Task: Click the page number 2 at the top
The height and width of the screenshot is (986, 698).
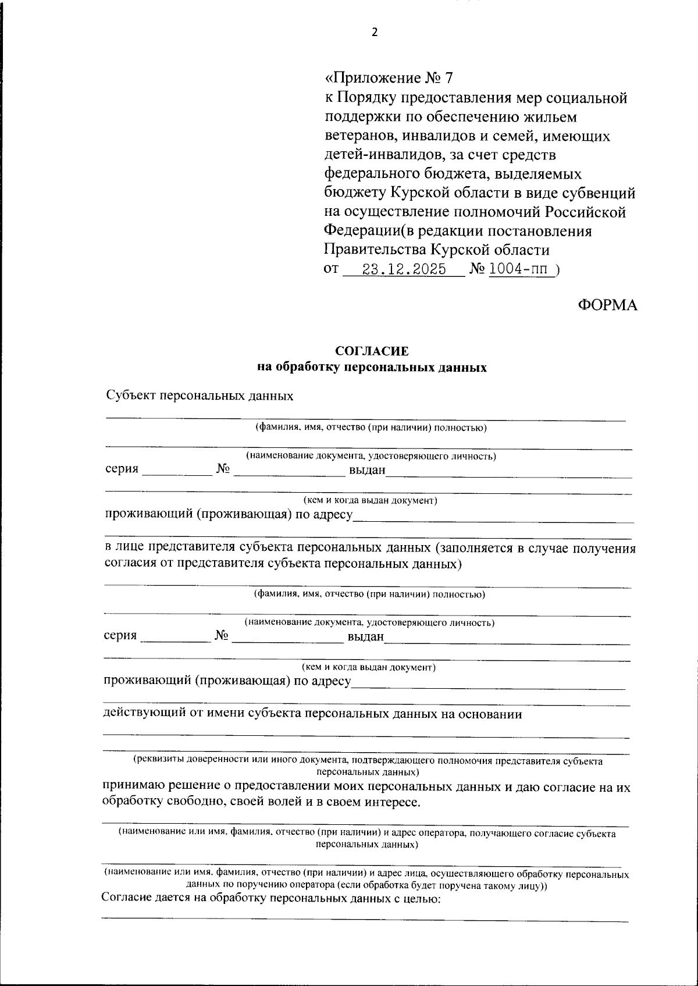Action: [375, 33]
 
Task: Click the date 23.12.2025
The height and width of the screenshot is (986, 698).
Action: [404, 269]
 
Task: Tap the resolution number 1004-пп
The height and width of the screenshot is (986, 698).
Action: [521, 269]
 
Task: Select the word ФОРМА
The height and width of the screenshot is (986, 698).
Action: [607, 305]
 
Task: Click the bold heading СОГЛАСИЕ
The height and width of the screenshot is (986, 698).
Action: [372, 351]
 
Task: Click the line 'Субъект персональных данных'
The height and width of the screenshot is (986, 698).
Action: [200, 396]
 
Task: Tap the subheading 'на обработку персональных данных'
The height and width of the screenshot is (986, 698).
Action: [372, 368]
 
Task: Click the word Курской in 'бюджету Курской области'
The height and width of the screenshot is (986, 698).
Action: [421, 193]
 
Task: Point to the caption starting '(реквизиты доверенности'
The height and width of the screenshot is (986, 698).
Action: [368, 760]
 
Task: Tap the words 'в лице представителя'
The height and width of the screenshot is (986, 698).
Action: [178, 549]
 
